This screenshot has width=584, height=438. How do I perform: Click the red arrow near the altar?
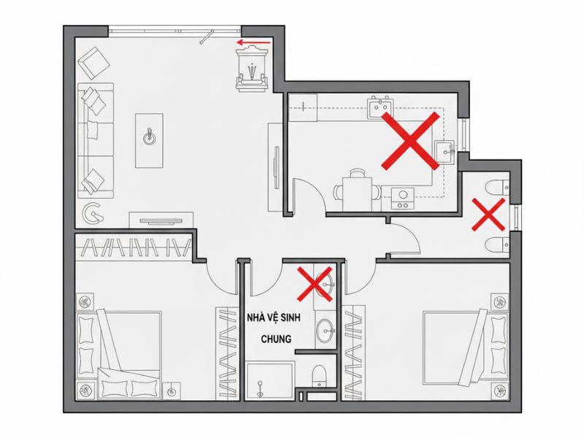coord(253,42)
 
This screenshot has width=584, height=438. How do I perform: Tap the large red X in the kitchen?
coord(410,141)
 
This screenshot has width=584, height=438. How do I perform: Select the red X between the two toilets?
coord(488,214)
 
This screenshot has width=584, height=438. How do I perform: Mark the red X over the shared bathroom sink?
coord(315,284)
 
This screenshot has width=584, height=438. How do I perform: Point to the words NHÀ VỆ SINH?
coord(274,318)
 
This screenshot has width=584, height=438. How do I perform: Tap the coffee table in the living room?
coord(149,141)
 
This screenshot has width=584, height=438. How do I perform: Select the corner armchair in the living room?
coord(94,63)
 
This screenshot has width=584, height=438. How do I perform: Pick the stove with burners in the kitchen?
coord(403,199)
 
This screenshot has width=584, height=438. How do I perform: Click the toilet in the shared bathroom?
coord(319,376)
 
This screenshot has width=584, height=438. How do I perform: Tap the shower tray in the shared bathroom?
coord(270,380)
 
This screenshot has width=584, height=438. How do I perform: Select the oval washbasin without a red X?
coord(326,330)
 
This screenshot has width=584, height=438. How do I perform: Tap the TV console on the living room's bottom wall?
coord(161,220)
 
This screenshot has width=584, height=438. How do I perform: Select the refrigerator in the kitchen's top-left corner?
coord(303,107)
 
